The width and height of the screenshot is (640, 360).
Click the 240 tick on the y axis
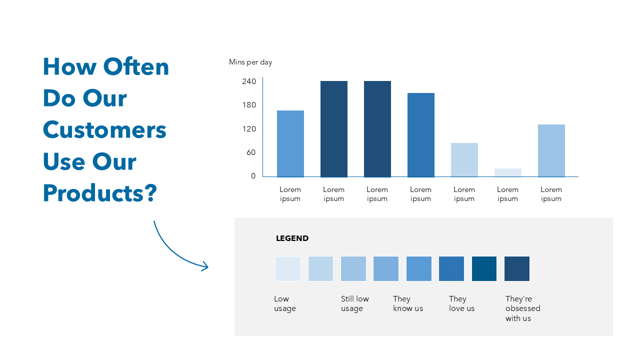[x=249, y=81]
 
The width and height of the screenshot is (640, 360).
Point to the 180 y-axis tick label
[x=249, y=105]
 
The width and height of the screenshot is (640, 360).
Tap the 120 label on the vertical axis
[x=249, y=129]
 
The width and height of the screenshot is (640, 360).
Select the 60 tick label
[x=251, y=152]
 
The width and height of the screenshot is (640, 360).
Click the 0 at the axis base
[x=253, y=176]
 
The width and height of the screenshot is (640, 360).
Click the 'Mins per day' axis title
[x=250, y=62]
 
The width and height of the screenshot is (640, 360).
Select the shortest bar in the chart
[x=507, y=172]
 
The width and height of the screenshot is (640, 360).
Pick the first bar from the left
[x=290, y=143]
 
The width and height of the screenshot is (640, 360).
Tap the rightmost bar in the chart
[x=551, y=150]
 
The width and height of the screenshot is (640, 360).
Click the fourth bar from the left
[x=420, y=135]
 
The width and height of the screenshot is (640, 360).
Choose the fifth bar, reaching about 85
[x=464, y=160]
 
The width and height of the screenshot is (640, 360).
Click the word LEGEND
[x=292, y=238]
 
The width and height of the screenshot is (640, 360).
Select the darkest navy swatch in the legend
[x=516, y=268]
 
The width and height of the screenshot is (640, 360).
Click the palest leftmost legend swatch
[x=287, y=268]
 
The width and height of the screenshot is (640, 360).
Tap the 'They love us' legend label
[x=461, y=303]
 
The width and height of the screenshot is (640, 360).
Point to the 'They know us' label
[x=408, y=303]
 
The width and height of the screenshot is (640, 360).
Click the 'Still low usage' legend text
[x=355, y=303]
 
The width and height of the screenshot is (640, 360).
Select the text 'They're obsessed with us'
[x=522, y=308]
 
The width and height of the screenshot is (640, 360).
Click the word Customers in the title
[x=104, y=130]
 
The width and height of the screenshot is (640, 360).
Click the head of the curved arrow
[x=205, y=267]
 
